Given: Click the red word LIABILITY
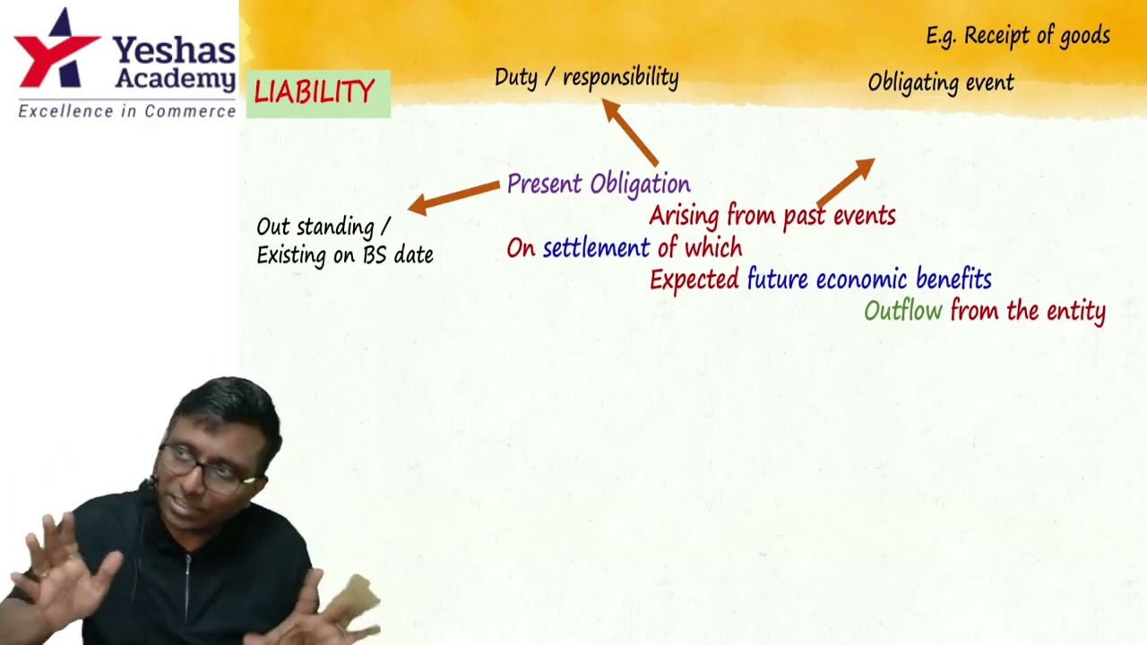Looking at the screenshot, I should [x=314, y=92].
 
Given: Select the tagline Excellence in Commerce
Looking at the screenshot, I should [x=126, y=112].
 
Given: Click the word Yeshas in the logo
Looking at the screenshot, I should [x=173, y=50].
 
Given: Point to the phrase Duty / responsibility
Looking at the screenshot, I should [x=586, y=78].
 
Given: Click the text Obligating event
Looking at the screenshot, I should [x=940, y=83].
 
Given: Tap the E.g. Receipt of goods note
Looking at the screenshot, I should [x=1017, y=36].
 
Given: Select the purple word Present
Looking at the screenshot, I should [x=545, y=185].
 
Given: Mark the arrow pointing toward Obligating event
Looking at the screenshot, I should [x=844, y=183].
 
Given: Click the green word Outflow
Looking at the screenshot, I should [x=902, y=312].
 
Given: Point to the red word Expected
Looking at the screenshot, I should [x=694, y=280].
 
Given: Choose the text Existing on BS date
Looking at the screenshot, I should [x=344, y=255].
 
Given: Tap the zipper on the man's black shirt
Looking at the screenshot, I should [x=187, y=582].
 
